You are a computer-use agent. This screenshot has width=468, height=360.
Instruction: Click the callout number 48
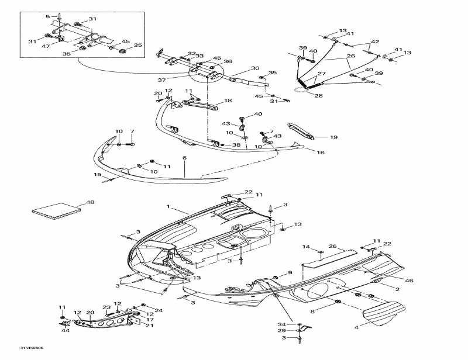pos(90,202)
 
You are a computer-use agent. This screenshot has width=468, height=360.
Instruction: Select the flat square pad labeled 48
pos(56,210)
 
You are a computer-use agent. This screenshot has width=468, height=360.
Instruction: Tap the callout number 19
pos(333,137)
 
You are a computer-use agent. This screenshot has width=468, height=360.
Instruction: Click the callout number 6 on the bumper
pos(184,158)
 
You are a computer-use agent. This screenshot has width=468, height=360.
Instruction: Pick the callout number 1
pos(168,207)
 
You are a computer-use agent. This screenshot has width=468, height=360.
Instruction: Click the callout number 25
pos(332,246)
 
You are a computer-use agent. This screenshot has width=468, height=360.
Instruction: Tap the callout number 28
pos(319,95)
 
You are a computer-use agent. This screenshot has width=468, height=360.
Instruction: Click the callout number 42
pos(375,41)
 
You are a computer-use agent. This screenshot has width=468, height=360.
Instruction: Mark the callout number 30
pos(254,68)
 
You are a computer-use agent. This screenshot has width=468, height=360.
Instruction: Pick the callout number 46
pos(409,281)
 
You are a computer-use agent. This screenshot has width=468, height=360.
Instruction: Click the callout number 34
pos(282,324)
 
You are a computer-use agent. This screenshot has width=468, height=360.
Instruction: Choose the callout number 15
pos(97,174)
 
